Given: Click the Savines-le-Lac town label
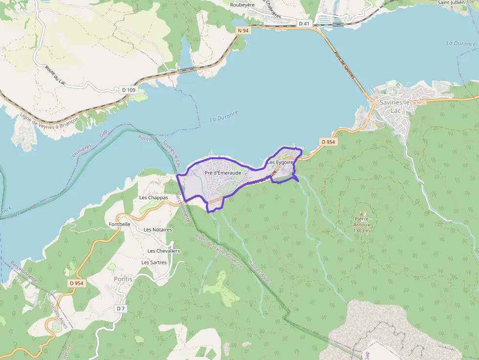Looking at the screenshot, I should [395, 106].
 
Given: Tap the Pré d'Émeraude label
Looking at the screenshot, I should [223, 173].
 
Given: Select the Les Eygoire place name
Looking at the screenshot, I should [280, 162].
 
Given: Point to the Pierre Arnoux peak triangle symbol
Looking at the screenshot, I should [362, 213].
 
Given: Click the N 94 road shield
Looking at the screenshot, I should [243, 31].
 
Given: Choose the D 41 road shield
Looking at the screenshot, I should [304, 23].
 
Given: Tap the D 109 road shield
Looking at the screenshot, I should [128, 90].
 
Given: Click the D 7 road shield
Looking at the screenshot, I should [121, 309].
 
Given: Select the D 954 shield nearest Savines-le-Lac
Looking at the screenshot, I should [328, 142].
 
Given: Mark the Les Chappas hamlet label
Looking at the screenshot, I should [153, 198].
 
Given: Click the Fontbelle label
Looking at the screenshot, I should [120, 224].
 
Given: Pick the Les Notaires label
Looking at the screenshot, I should [158, 230].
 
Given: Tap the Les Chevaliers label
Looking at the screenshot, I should [164, 251].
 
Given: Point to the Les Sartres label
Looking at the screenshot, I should [154, 262].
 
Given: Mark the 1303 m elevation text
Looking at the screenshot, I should [361, 231].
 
